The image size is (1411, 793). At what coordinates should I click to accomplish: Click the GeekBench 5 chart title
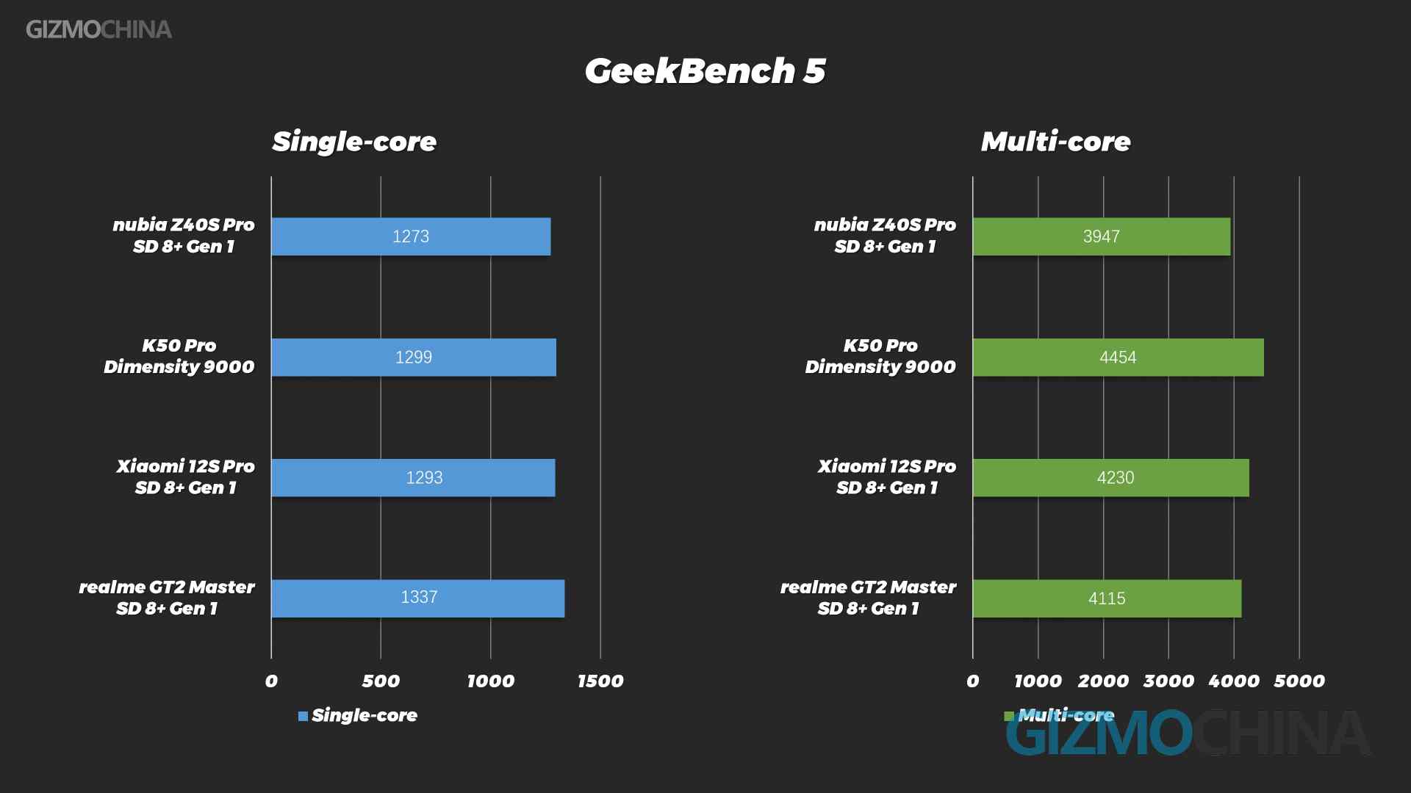(705, 71)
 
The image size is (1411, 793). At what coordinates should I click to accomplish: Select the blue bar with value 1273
(411, 236)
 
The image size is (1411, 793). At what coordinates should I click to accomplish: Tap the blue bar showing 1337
(418, 598)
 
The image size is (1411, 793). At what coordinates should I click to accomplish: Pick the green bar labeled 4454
(1119, 358)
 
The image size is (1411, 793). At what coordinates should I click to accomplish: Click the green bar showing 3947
(1102, 236)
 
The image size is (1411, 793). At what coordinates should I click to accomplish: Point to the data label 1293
(424, 478)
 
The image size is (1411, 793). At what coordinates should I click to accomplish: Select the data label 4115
(1107, 598)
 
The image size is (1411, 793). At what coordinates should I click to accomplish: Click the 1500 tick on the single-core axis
(600, 681)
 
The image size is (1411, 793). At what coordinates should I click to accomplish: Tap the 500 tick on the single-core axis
(381, 681)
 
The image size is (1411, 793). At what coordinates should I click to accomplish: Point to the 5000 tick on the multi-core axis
(1299, 681)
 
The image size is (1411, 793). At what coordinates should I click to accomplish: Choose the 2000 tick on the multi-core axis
(1103, 681)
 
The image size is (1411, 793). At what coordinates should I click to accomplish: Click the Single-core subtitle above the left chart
(354, 142)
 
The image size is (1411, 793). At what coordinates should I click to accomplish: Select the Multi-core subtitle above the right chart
(1055, 142)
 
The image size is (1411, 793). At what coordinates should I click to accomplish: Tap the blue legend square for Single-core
(303, 716)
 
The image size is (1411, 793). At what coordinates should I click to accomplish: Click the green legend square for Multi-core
(1009, 716)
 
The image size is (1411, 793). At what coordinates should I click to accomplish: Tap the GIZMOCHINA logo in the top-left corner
(98, 29)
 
